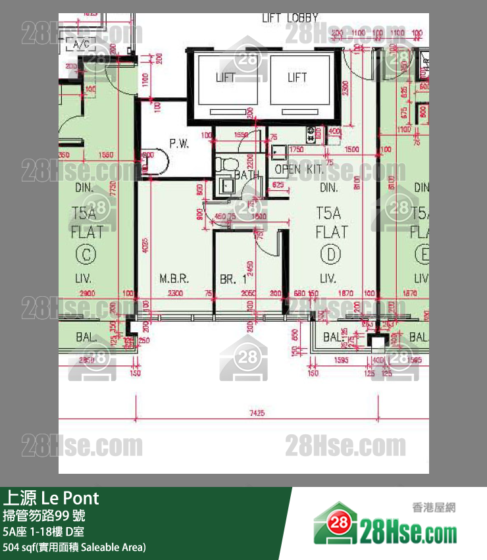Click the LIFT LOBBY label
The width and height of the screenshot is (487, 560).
click(290, 18)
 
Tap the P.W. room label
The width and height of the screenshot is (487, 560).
click(178, 143)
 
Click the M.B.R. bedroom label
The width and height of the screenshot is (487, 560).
click(174, 279)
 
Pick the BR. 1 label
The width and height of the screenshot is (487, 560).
click(233, 279)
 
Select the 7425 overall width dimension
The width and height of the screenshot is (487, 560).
click(257, 413)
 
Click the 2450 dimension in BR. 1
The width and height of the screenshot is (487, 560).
click(251, 267)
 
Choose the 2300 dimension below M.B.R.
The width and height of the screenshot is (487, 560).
click(174, 293)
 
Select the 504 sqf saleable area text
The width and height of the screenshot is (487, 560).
click(74, 547)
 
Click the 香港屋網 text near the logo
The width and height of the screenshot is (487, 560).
click(434, 507)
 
